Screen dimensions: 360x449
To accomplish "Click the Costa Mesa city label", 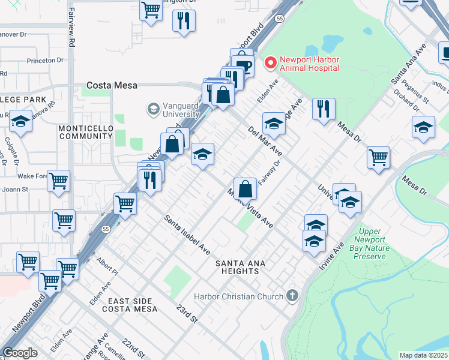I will coord(112,85).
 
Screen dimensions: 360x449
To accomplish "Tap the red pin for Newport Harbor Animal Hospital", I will coord(270,61).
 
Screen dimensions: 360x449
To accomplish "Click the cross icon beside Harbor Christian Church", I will coord(292,295).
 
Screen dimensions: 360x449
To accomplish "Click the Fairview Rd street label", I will coord(71,35).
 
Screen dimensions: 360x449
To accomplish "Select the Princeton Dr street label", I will coord(45,61).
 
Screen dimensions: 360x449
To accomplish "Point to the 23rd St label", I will coord(187,312).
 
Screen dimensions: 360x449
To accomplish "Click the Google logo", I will coord(20,353).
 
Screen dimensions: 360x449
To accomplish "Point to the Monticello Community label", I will coord(85,132).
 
